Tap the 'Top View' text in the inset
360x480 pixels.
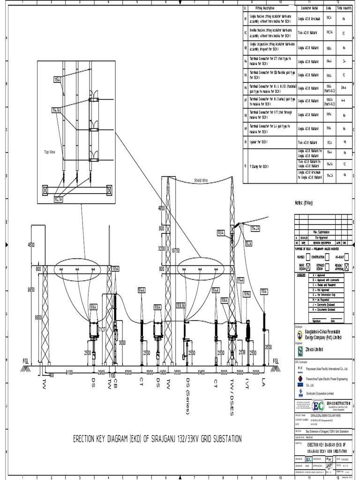coord(50,152)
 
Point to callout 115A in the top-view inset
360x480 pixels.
coord(57,81)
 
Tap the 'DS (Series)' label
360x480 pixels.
coord(188,396)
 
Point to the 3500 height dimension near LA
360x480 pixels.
coord(268,347)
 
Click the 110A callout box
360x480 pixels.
coord(264,292)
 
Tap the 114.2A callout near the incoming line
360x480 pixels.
coord(255,228)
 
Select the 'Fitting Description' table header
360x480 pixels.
coord(265,8)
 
